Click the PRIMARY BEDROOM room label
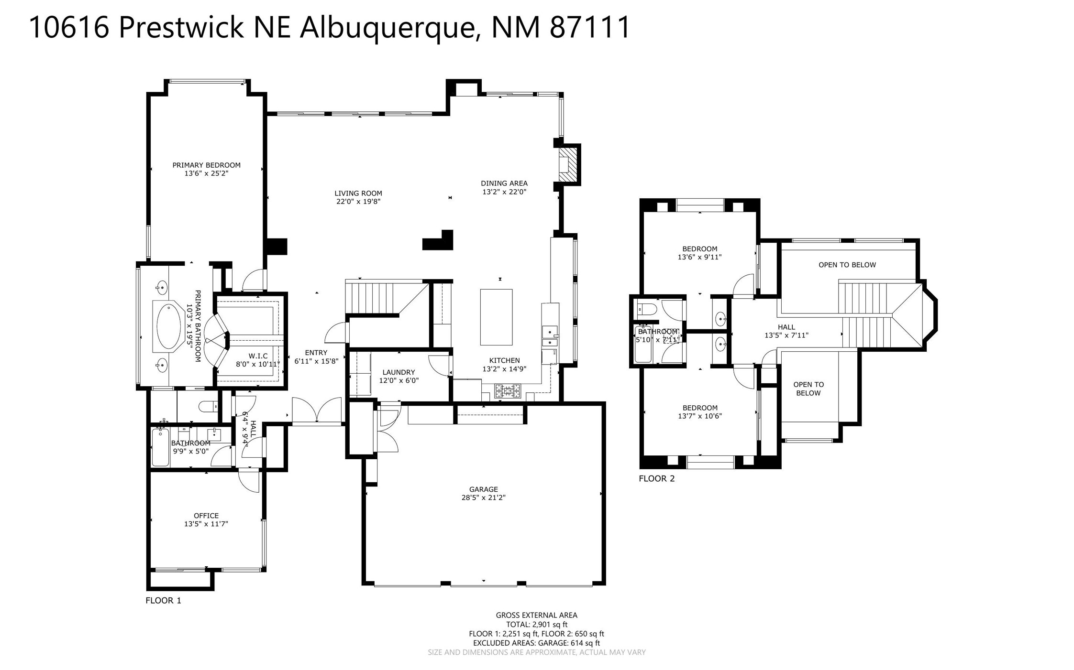[206, 165]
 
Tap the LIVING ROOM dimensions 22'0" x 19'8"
[358, 202]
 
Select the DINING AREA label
[504, 183]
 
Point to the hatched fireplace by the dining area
[568, 164]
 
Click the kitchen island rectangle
[496, 317]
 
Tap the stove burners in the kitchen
[507, 391]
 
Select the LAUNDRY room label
[399, 372]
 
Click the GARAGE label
[483, 489]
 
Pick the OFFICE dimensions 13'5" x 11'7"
[206, 524]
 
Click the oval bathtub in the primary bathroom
[169, 326]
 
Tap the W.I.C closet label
[258, 356]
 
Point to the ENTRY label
[316, 353]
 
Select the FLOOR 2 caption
[656, 478]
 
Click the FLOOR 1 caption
[163, 601]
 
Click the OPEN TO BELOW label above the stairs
[847, 265]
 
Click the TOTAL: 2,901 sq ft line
[537, 625]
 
